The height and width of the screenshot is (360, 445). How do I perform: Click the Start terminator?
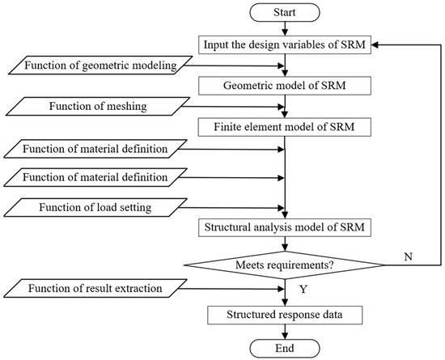pyautogui.click(x=284, y=15)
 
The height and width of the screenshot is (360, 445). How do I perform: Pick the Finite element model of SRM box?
pyautogui.click(x=284, y=127)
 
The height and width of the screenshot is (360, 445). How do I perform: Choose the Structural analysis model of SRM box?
pyautogui.click(x=284, y=227)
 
